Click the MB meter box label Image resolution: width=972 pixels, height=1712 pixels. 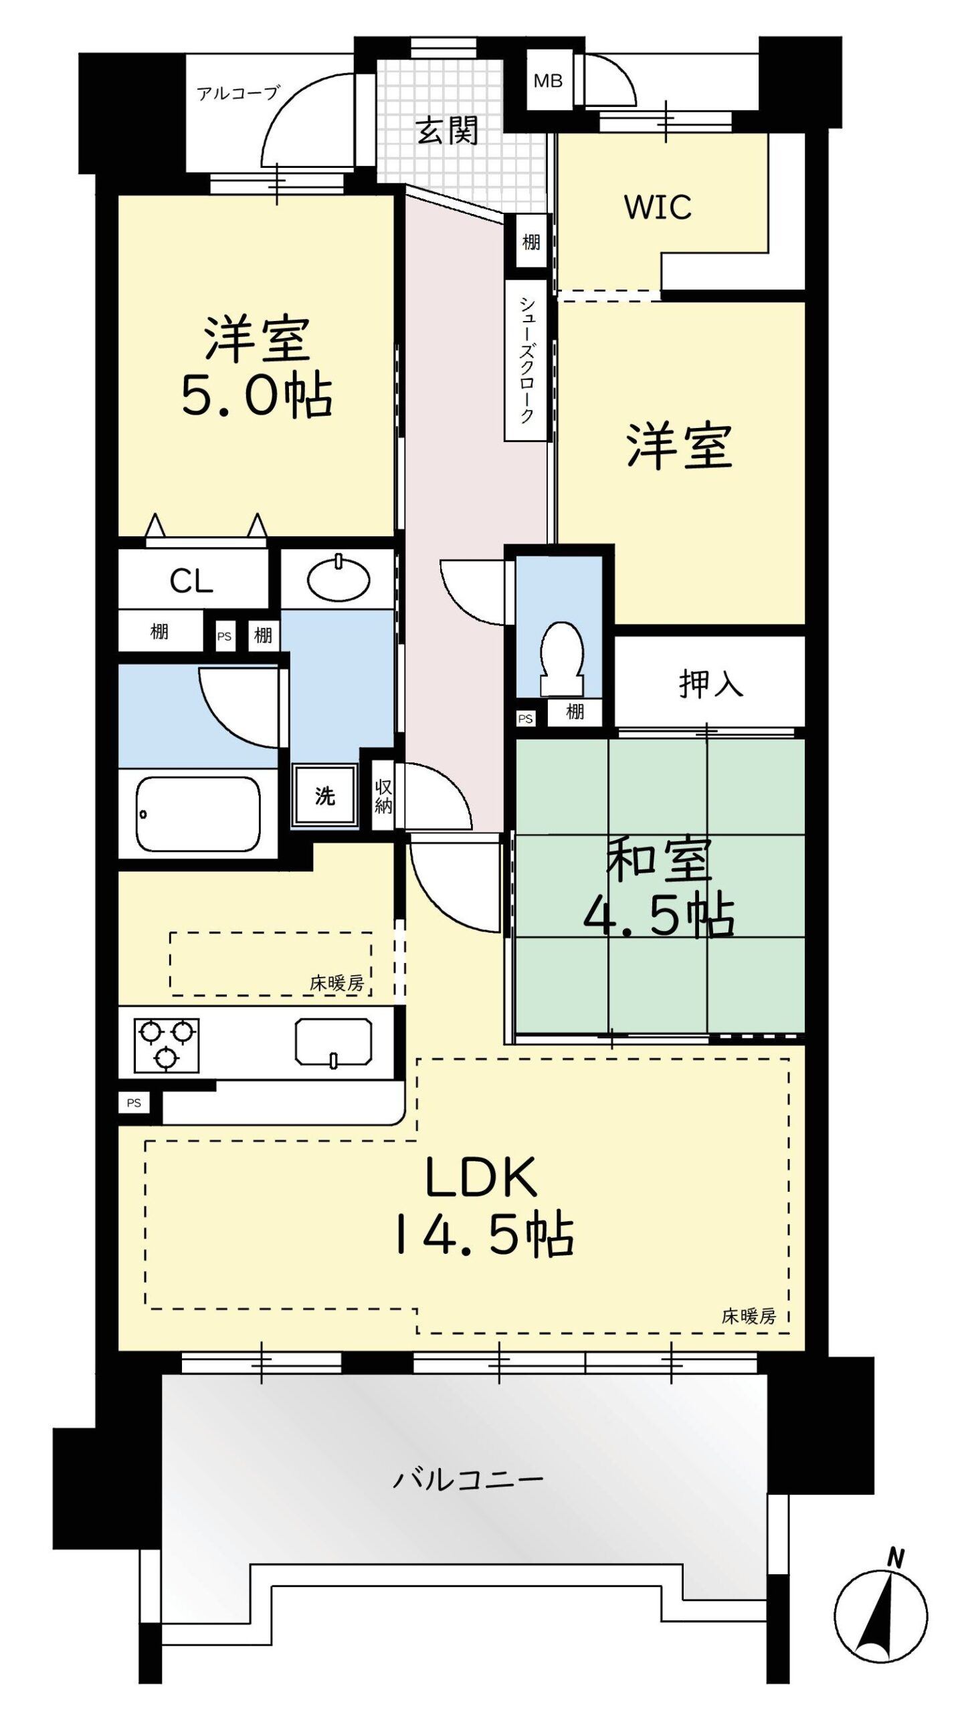pyautogui.click(x=547, y=82)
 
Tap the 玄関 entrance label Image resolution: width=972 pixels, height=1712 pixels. pyautogui.click(x=448, y=131)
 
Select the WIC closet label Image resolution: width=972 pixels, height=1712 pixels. pyautogui.click(x=658, y=207)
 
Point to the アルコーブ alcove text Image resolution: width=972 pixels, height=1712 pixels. pyautogui.click(x=237, y=93)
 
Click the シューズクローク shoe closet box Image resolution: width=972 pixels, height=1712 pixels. pyautogui.click(x=526, y=360)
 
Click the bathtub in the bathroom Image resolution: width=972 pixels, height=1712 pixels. pyautogui.click(x=198, y=814)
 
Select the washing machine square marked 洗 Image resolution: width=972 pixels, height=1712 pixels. pyautogui.click(x=325, y=795)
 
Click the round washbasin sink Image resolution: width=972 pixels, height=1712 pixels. pyautogui.click(x=338, y=577)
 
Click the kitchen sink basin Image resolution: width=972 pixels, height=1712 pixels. pyautogui.click(x=334, y=1042)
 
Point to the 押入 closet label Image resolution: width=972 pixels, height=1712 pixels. pyautogui.click(x=710, y=683)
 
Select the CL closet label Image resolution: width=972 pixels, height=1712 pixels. pyautogui.click(x=191, y=581)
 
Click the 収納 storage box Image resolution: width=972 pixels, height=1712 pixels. pyautogui.click(x=383, y=796)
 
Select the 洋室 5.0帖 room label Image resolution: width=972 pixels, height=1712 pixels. pyautogui.click(x=257, y=368)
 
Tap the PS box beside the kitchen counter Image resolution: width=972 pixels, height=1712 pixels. pyautogui.click(x=134, y=1103)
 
